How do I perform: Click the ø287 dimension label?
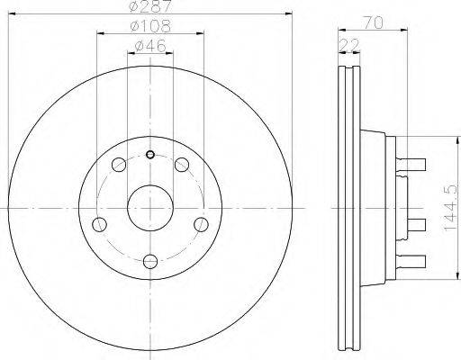coord(150,5)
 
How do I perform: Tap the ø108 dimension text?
coord(150,26)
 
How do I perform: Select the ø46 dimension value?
coord(150,46)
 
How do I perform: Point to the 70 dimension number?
coord(374,23)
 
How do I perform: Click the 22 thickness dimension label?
coord(349,46)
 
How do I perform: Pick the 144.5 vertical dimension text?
coord(451,207)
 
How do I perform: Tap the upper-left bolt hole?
coord(119,165)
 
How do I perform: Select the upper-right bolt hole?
coord(182,165)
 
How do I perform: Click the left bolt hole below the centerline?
coord(99,224)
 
